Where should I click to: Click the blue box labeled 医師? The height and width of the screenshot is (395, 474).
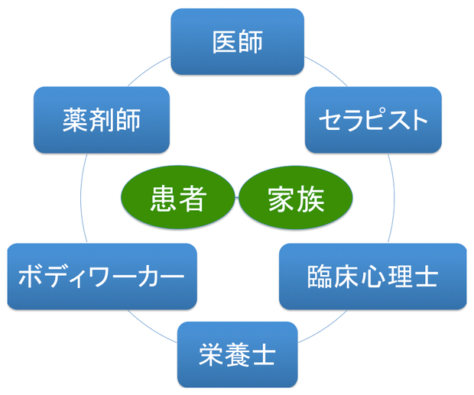click(x=237, y=42)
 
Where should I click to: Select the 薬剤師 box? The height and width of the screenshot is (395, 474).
click(x=102, y=120)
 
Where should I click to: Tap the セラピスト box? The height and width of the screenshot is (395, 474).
click(x=373, y=120)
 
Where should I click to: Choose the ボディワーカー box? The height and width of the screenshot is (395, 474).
click(x=102, y=277)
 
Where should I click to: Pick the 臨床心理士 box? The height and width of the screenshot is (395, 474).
click(x=373, y=277)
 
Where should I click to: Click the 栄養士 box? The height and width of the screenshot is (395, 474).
click(x=237, y=355)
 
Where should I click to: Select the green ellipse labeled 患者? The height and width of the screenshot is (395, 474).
click(x=178, y=197)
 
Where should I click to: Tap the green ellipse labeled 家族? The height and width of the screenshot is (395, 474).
click(x=296, y=197)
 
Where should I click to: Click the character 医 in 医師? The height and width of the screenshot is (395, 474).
click(x=224, y=42)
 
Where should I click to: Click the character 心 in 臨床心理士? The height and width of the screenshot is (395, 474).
click(x=373, y=277)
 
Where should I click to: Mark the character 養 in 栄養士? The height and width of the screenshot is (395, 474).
click(x=237, y=355)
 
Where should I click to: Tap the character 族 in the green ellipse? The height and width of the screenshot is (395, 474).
click(x=310, y=199)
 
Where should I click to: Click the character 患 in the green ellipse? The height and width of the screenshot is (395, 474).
click(x=164, y=199)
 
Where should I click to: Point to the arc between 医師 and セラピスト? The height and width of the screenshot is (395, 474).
click(x=326, y=70)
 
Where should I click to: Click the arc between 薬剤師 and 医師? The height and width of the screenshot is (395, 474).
click(x=148, y=70)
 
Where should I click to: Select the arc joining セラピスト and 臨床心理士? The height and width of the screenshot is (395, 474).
click(x=394, y=198)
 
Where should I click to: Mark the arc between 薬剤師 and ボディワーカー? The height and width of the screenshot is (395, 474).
click(x=81, y=198)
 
